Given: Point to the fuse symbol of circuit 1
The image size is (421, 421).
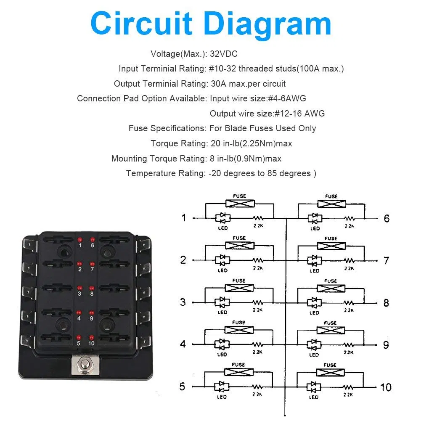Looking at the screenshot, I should coord(240,204).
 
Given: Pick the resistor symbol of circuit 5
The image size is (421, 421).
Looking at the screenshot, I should coord(257,386).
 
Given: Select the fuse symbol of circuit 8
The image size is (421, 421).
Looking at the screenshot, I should coord(331,288).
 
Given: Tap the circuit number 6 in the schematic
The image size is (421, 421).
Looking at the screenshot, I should coord(387,219).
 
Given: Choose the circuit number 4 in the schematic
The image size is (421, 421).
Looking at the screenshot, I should coord(183,344).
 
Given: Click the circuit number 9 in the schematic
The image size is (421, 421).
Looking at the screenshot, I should coord(387,345).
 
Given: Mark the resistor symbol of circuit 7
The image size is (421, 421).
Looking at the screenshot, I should coord(349,260).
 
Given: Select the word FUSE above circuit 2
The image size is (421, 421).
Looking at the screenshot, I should coord(239,238).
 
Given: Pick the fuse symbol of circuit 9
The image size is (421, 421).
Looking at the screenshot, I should coord(331,330).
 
